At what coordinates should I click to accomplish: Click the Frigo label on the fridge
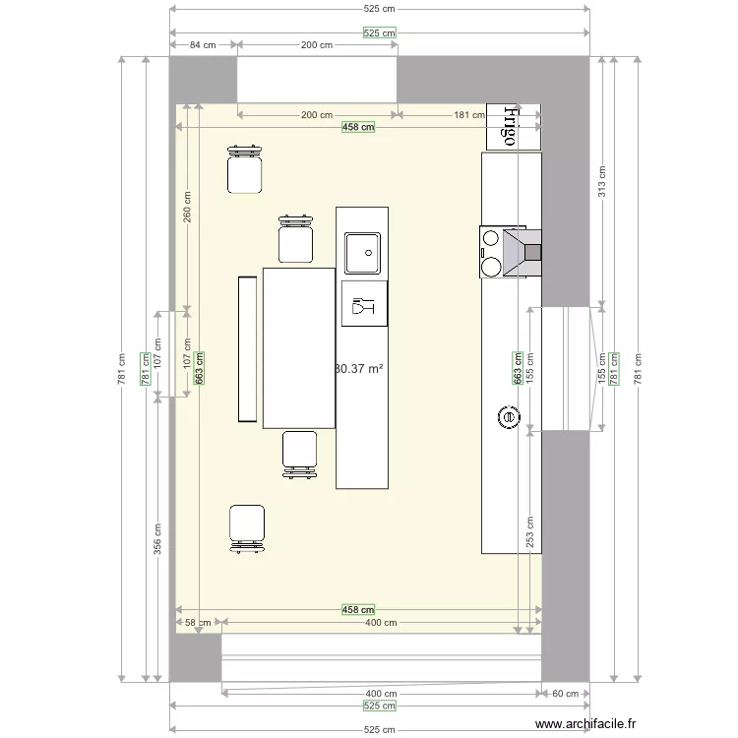click(510, 126)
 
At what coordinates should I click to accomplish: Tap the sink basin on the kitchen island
click(362, 253)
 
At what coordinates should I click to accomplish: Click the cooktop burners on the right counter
click(489, 253)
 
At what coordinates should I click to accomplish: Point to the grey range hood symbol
click(523, 253)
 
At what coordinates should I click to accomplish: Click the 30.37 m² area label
click(359, 369)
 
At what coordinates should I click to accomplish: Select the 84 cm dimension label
click(203, 45)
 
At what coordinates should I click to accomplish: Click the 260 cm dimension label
click(187, 208)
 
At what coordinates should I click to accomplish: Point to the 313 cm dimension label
click(602, 181)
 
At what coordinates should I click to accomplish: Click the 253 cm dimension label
click(529, 532)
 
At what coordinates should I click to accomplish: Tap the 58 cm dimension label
click(198, 622)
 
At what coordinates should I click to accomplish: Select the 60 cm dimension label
click(565, 694)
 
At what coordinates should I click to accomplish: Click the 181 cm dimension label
click(468, 115)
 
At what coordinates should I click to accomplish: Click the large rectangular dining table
click(299, 347)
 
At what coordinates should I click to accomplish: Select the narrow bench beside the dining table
click(247, 349)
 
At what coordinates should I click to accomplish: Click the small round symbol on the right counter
click(509, 418)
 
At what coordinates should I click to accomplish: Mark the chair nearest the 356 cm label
click(247, 526)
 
